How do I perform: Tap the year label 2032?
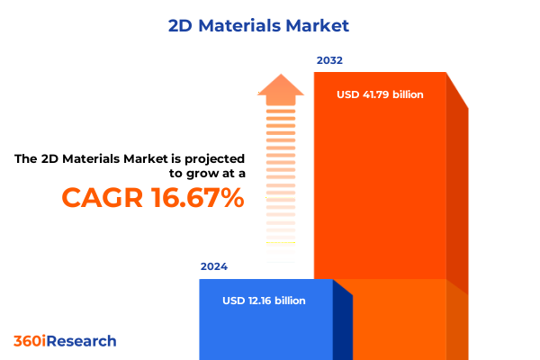pos(328,61)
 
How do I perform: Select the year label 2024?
pos(214,266)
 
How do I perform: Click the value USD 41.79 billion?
pos(380,94)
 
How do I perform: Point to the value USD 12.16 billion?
pos(264,301)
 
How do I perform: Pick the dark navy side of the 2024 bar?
pos(342,324)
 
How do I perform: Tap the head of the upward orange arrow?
pos(280,88)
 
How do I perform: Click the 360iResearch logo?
pos(65,342)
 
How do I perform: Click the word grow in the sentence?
pos(192,175)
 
